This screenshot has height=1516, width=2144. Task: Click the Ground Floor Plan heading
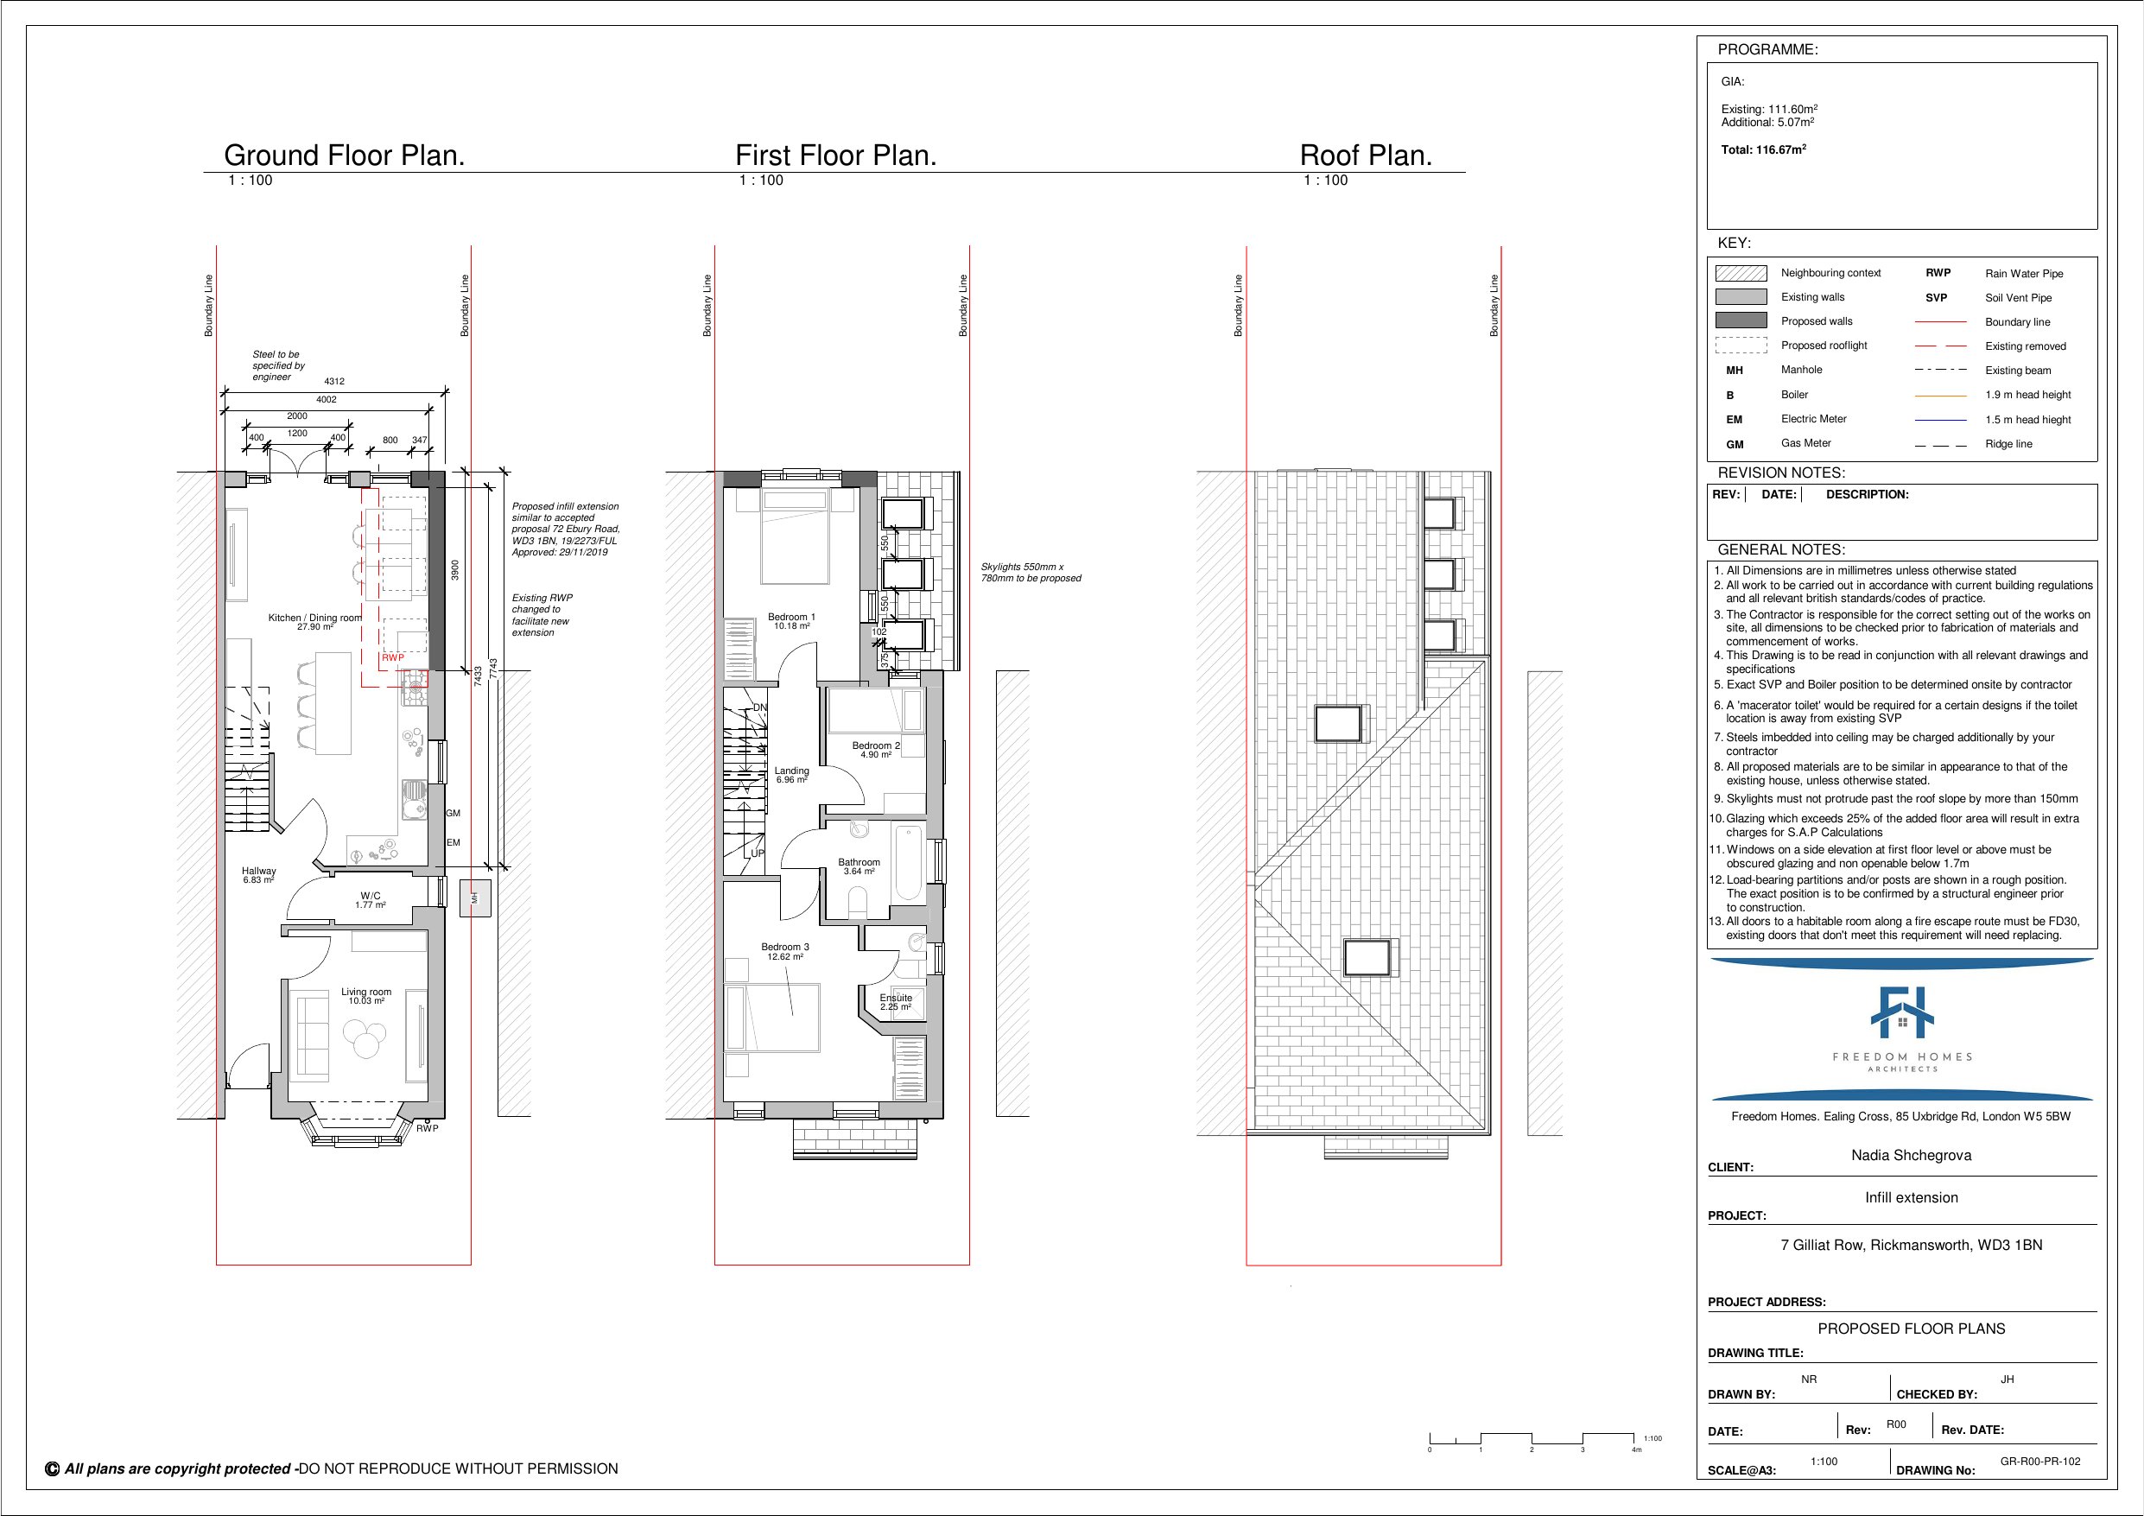(x=344, y=155)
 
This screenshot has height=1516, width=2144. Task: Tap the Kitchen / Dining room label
(x=314, y=618)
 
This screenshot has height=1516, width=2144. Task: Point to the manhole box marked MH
(x=474, y=898)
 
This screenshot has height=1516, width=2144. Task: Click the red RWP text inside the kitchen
(x=393, y=657)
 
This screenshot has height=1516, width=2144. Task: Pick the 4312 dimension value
(x=334, y=381)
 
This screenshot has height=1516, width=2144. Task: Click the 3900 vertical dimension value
(x=454, y=570)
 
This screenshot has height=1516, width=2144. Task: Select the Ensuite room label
(x=896, y=999)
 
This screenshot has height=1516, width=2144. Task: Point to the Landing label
(x=792, y=771)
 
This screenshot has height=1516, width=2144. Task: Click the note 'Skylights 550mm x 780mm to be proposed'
(x=1030, y=573)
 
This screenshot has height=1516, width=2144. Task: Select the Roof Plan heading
(x=1365, y=155)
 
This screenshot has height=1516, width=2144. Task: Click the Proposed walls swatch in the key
(x=1741, y=320)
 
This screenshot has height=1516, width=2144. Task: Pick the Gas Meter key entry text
(x=1805, y=444)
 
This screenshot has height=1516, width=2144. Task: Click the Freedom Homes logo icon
(x=1901, y=1013)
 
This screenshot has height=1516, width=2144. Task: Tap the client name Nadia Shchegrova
(x=1911, y=1156)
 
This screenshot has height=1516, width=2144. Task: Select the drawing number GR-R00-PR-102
(x=2039, y=1462)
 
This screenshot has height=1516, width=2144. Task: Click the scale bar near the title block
(x=1532, y=1439)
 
